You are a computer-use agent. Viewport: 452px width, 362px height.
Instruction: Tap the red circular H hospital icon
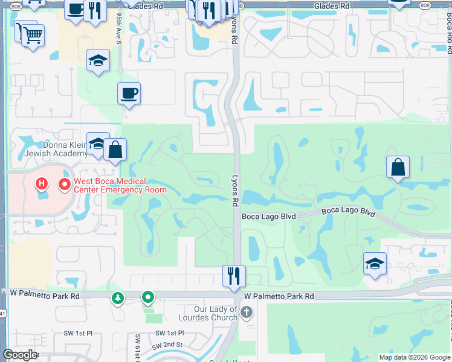click(42, 183)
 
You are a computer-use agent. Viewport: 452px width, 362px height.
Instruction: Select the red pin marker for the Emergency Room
click(63, 183)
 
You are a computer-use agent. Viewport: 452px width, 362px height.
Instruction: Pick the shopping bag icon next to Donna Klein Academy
click(115, 149)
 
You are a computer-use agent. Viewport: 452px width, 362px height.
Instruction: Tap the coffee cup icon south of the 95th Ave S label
click(129, 93)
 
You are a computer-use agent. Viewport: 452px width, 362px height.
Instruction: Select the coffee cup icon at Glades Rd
click(76, 9)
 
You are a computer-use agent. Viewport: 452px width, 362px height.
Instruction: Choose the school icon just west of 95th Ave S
click(98, 60)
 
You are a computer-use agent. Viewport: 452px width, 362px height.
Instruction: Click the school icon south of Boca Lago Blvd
click(375, 263)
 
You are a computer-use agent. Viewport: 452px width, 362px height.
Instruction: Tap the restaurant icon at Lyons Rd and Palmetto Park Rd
click(234, 276)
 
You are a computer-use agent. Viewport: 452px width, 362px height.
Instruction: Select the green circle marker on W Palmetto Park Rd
click(147, 297)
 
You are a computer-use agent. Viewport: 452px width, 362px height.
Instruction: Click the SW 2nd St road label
click(167, 345)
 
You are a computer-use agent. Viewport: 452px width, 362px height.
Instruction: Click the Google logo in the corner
click(21, 355)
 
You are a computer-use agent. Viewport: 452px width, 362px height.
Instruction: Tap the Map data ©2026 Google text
click(415, 357)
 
